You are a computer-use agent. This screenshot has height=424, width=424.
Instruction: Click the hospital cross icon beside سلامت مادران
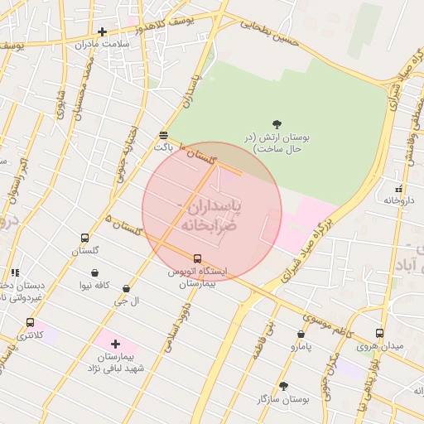tap(102, 31)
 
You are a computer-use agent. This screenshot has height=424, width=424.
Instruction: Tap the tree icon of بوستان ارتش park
tap(276, 124)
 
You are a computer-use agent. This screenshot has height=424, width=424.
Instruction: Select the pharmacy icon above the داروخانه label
tap(400, 189)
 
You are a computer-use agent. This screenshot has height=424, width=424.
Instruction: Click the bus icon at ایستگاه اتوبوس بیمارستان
tap(197, 258)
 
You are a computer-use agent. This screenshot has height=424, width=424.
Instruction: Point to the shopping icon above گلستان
tap(84, 238)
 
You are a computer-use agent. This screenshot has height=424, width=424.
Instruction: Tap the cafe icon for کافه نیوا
tap(95, 273)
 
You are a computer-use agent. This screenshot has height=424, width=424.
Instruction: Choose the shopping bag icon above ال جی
tap(126, 289)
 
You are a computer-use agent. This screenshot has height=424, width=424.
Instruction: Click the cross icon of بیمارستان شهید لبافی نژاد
tap(114, 343)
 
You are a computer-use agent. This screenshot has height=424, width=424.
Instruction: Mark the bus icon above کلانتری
tap(31, 322)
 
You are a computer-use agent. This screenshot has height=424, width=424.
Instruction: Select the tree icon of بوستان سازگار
tap(283, 386)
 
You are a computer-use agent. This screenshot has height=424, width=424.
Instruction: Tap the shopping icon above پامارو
tap(301, 335)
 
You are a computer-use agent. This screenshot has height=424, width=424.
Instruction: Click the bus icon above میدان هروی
tap(379, 333)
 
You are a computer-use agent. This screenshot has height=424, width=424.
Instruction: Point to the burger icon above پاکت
tap(163, 134)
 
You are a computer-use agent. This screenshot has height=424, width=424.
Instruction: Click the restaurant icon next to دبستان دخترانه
tap(15, 272)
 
